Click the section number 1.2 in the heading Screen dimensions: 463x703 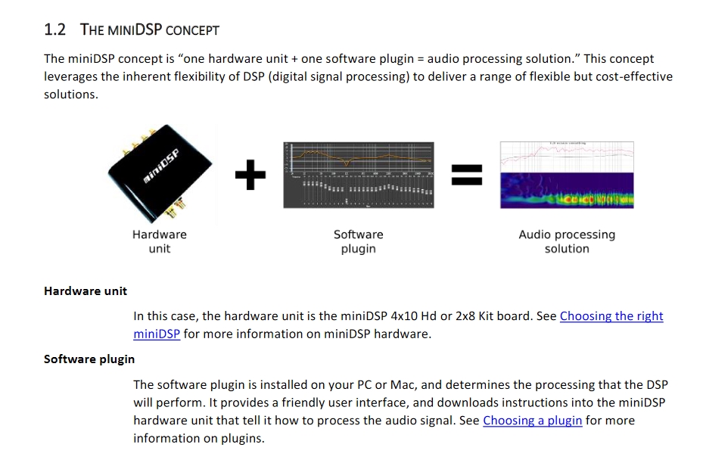click(55, 30)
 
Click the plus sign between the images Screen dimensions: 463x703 click(250, 177)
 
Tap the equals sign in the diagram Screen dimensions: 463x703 click(466, 177)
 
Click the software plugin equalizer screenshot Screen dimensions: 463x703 click(358, 175)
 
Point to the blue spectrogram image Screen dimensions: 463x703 click(567, 190)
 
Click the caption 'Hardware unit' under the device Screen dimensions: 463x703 click(159, 241)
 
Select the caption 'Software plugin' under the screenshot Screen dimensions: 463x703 click(358, 241)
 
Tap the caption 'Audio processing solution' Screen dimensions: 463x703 click(567, 241)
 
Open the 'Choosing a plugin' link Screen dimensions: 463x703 click(532, 421)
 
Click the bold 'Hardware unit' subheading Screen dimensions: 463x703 click(86, 291)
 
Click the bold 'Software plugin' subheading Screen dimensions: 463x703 click(89, 359)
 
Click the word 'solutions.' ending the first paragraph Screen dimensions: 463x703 click(71, 95)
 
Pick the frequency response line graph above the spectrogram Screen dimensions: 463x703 click(567, 157)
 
